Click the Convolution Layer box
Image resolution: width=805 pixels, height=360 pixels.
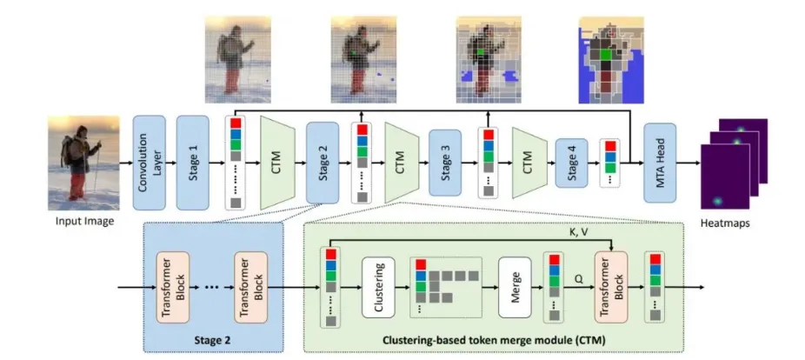click(x=150, y=161)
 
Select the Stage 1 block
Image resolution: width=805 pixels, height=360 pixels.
click(x=193, y=162)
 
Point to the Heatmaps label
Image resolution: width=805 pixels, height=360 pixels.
click(x=724, y=224)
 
